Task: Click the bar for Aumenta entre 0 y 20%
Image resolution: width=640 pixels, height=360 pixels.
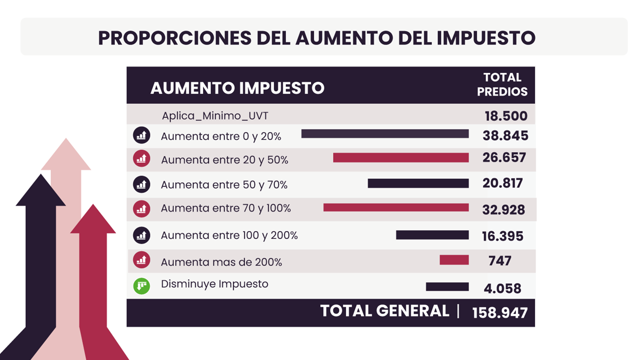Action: click(385, 133)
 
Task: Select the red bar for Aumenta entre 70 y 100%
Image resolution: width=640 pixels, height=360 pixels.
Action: click(396, 207)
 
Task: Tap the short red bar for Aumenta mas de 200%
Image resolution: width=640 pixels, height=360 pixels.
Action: click(454, 260)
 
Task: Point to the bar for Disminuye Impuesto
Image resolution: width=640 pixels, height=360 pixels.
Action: click(447, 286)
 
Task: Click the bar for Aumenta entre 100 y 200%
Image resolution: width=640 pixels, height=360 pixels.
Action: click(432, 235)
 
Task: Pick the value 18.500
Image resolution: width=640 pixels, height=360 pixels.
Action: click(505, 116)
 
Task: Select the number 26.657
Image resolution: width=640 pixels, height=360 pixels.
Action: click(504, 157)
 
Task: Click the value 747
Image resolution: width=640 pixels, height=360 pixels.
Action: click(499, 260)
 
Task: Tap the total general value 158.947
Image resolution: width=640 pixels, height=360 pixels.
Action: click(499, 312)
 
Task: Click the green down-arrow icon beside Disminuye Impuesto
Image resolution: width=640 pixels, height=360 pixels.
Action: click(142, 286)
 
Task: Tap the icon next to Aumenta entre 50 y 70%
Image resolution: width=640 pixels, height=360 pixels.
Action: click(142, 184)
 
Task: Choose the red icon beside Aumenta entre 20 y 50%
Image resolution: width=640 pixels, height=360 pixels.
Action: click(142, 159)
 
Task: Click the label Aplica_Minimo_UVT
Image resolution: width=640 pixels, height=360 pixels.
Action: click(215, 116)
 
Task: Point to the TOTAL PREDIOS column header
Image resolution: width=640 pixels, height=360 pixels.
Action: click(502, 84)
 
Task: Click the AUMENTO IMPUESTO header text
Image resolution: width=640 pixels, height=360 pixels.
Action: click(237, 88)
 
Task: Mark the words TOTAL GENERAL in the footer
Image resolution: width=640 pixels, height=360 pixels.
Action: click(384, 311)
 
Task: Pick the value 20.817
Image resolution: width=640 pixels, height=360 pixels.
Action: click(502, 183)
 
